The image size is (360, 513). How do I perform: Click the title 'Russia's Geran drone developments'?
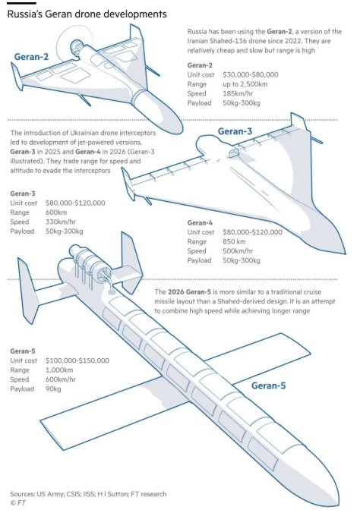click(x=87, y=14)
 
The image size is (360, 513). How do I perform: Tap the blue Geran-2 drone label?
click(x=31, y=57)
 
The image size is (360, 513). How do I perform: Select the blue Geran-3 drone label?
click(x=235, y=131)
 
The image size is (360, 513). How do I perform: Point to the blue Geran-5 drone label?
click(x=268, y=386)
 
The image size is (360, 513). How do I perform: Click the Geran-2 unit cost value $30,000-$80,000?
click(x=251, y=74)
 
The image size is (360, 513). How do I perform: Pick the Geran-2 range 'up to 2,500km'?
click(x=245, y=84)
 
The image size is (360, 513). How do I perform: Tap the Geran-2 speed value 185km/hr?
click(x=238, y=93)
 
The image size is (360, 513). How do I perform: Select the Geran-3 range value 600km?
click(x=56, y=212)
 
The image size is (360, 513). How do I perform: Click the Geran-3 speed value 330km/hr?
click(x=61, y=222)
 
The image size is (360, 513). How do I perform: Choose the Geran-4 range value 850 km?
click(x=234, y=241)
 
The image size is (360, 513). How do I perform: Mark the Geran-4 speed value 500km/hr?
click(x=238, y=251)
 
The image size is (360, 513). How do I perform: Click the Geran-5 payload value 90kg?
click(x=53, y=389)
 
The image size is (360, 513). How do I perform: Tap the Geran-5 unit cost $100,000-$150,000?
click(x=77, y=360)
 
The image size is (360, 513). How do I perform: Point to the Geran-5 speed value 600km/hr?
click(x=61, y=379)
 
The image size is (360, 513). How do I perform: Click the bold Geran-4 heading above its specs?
click(x=200, y=223)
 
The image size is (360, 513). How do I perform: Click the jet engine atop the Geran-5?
click(x=90, y=262)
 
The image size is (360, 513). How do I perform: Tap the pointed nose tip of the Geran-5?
click(x=336, y=504)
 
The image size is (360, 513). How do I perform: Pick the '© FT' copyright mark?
click(x=18, y=502)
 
